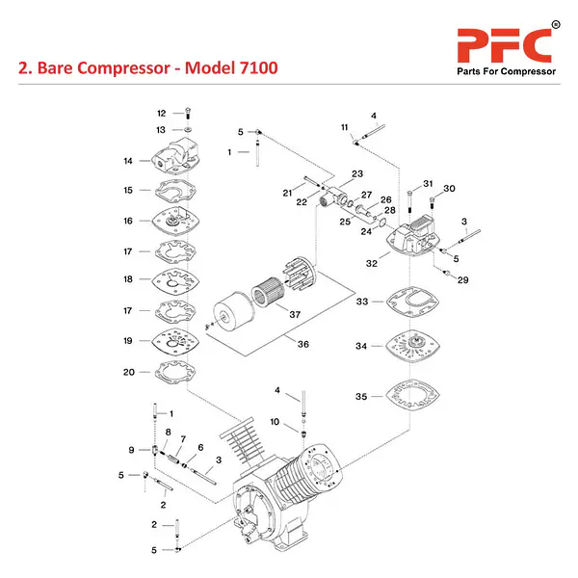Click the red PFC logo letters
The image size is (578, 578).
pos(504,45)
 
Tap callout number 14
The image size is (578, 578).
pos(127,160)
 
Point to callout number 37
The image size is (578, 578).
pos(295,314)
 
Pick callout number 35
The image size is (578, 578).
pos(361,396)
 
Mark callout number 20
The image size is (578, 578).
pos(128,372)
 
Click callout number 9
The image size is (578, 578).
pos(132,450)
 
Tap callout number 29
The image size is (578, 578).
pos(462,280)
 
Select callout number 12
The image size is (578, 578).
pos(162,113)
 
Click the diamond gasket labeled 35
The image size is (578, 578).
pos(412,396)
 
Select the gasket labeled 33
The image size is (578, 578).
pos(411,302)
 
